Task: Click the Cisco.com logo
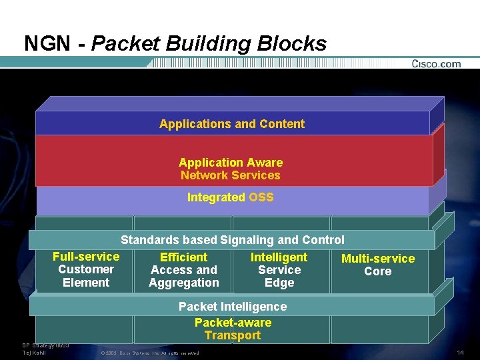pyautogui.click(x=436, y=64)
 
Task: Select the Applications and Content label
pyautogui.click(x=232, y=124)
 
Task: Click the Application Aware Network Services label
pyautogui.click(x=231, y=169)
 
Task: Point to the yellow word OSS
pyautogui.click(x=261, y=197)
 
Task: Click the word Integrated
pyautogui.click(x=216, y=197)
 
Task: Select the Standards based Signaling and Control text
pyautogui.click(x=232, y=240)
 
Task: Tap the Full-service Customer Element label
pyautogui.click(x=86, y=269)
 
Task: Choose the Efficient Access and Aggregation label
pyautogui.click(x=184, y=270)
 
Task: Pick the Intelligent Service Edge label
pyautogui.click(x=279, y=270)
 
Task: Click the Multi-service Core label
pyautogui.click(x=378, y=265)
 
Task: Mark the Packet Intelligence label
pyautogui.click(x=233, y=307)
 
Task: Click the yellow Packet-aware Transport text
pyautogui.click(x=233, y=329)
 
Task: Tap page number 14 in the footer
pyautogui.click(x=460, y=352)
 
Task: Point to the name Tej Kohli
pyautogui.click(x=34, y=352)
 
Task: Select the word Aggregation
pyautogui.click(x=184, y=283)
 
